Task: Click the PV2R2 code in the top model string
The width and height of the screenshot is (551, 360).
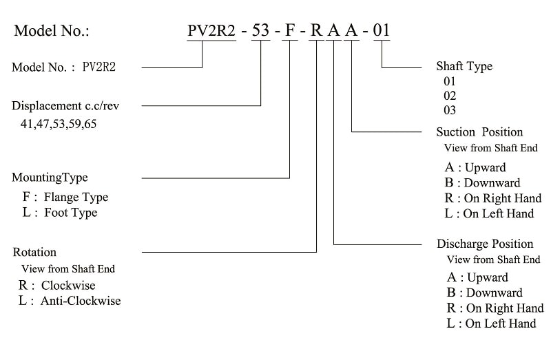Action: tap(211, 30)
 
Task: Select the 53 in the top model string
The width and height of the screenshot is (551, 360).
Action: tap(261, 30)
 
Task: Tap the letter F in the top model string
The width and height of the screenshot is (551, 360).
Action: tap(290, 30)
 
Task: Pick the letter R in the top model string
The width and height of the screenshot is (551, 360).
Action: tap(316, 30)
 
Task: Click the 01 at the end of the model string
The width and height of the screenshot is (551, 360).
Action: tap(382, 30)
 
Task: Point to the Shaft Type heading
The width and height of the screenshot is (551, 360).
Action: tap(464, 66)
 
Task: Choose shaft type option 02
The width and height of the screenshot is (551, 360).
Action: tap(450, 96)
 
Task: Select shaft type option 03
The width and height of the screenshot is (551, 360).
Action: tap(450, 110)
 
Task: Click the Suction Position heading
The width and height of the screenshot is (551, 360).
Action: tap(479, 132)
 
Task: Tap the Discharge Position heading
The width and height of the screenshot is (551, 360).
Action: tap(485, 244)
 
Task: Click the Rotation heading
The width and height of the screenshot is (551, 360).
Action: tap(34, 252)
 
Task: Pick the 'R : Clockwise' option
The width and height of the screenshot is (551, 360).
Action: tap(57, 285)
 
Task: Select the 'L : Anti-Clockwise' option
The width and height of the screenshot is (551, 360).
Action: tap(70, 301)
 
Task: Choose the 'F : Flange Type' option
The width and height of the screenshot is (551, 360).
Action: tap(65, 197)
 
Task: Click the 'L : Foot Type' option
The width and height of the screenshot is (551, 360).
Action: tap(60, 213)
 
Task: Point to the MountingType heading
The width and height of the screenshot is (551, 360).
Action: tap(50, 178)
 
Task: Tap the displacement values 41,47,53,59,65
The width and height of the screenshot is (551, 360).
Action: tap(59, 124)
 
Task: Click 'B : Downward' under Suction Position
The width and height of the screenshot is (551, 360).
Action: tap(483, 183)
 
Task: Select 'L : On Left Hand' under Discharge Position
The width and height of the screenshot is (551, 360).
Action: tap(492, 324)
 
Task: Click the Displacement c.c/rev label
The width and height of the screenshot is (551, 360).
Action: tap(65, 106)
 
